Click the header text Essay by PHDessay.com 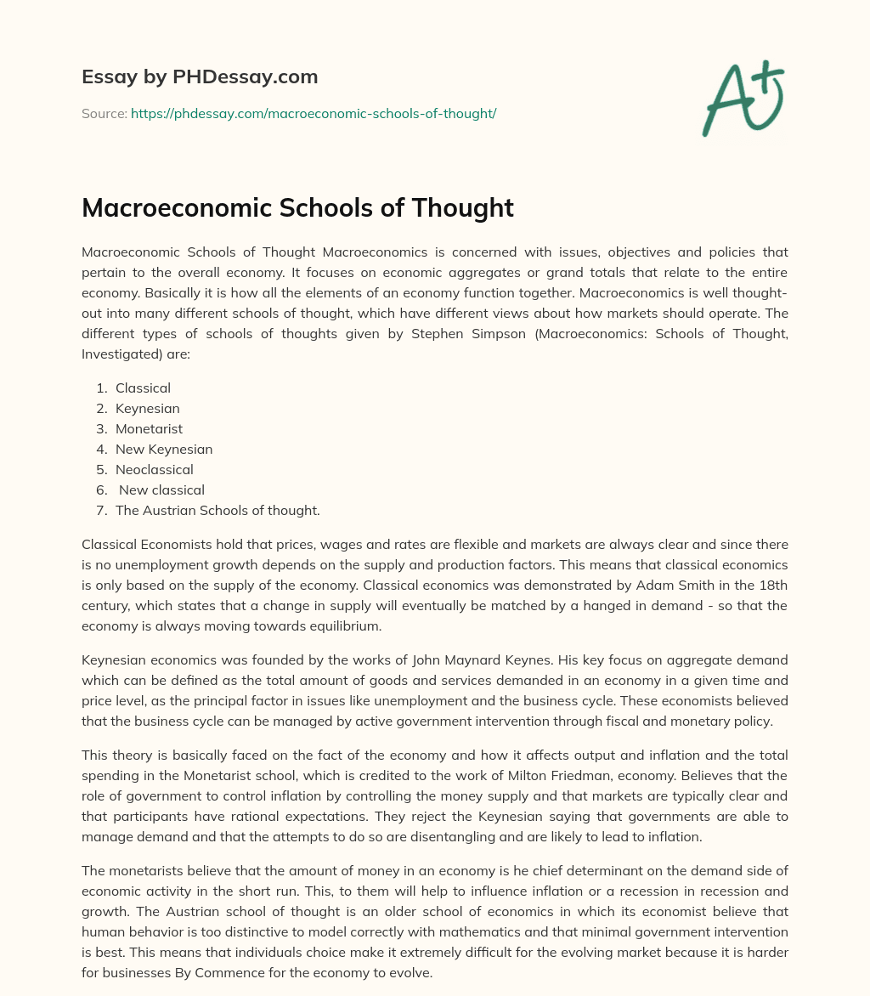[200, 77]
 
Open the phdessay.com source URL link [314, 113]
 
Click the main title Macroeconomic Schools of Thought [297, 208]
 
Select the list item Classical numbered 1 [143, 388]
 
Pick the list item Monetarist [149, 428]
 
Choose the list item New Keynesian [164, 449]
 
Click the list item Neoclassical [155, 469]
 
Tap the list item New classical [161, 490]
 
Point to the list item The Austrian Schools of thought [217, 510]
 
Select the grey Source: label [104, 113]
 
